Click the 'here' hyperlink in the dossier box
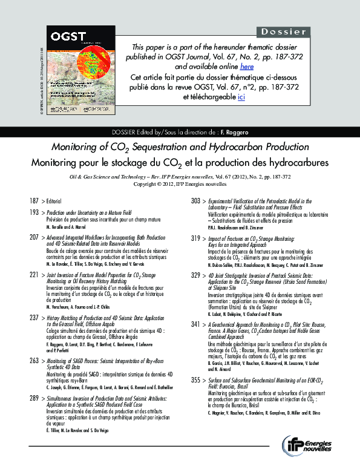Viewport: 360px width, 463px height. click(x=246, y=66)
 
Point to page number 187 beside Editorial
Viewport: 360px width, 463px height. click(x=33, y=200)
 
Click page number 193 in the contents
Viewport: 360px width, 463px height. click(x=33, y=213)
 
